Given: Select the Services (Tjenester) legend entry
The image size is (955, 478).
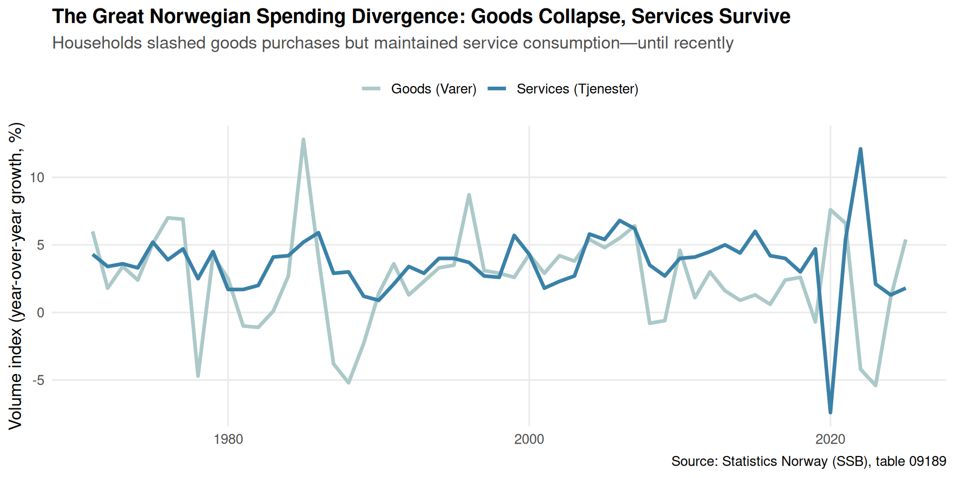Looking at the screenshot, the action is coord(563,89).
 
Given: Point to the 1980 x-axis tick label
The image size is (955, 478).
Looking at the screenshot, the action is coord(228,439).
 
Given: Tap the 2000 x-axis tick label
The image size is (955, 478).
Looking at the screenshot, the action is coord(529,439).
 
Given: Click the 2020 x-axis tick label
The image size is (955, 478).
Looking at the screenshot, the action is coord(830,439).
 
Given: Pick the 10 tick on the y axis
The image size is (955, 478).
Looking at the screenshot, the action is coord(37,177).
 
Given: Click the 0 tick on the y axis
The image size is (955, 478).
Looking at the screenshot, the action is coord(41,313).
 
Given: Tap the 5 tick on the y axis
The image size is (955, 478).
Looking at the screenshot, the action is coord(41,245).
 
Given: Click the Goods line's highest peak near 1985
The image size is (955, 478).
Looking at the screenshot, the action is coord(303,139).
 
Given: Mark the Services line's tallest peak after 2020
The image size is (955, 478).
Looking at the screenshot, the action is coord(860,149).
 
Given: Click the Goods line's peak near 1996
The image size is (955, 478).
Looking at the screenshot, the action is coord(469,195).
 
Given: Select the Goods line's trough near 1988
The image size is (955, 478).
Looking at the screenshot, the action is coord(349,383).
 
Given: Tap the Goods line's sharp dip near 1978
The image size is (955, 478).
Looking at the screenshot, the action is coord(198,376).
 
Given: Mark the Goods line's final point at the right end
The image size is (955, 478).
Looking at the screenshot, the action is coord(906,240).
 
